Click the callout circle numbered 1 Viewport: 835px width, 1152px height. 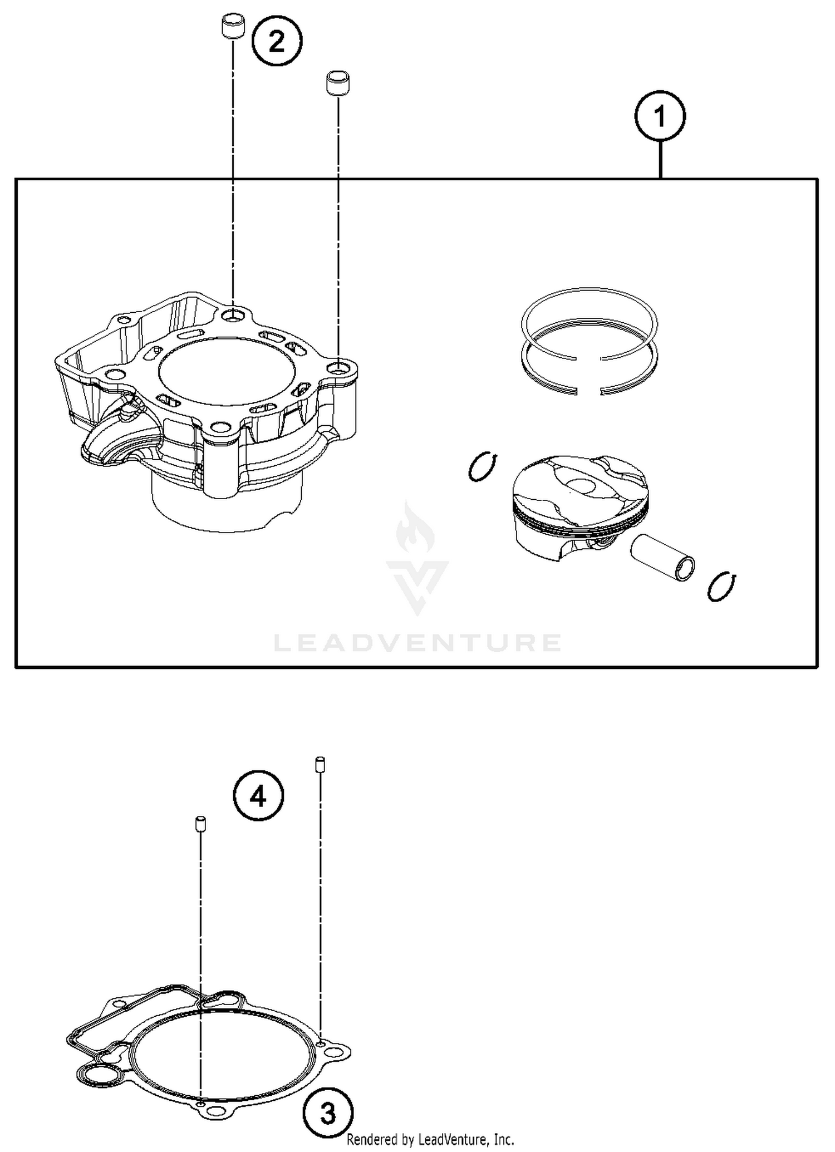pyautogui.click(x=660, y=116)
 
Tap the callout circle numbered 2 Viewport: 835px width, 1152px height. pyautogui.click(x=277, y=41)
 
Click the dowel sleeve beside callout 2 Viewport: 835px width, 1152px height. pyautogui.click(x=231, y=28)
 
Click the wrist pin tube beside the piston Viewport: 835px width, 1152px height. pyautogui.click(x=662, y=557)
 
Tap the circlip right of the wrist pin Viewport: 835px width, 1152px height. pyautogui.click(x=722, y=586)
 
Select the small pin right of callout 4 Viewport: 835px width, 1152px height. pyautogui.click(x=320, y=764)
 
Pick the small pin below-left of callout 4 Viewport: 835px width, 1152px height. pyautogui.click(x=200, y=824)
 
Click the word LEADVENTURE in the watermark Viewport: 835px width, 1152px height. pyautogui.click(x=417, y=643)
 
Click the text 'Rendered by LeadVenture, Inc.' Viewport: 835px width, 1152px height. pyautogui.click(x=430, y=1140)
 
